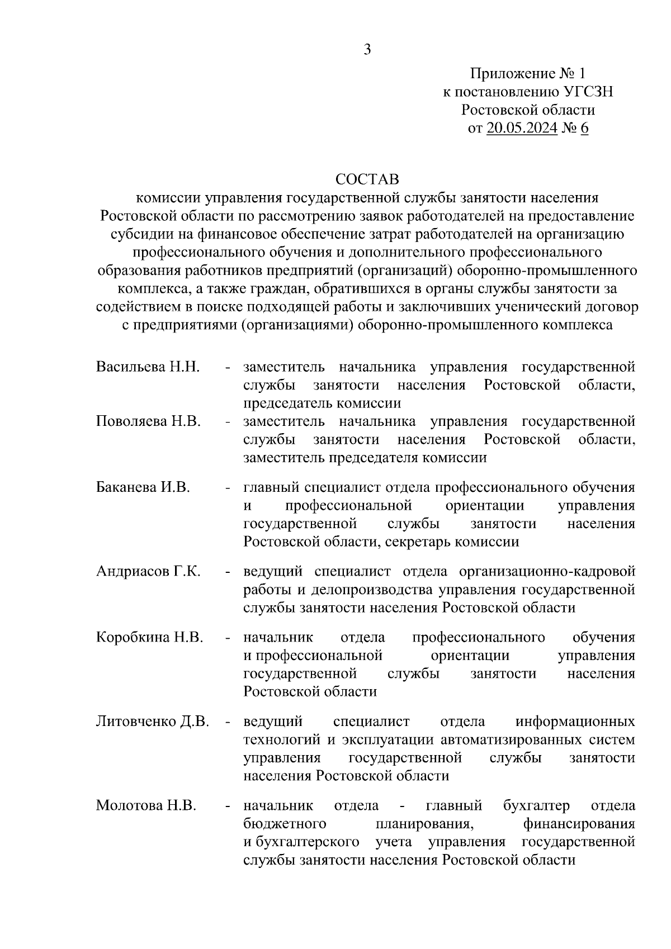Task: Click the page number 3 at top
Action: coord(367,50)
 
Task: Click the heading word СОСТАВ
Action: coord(367,179)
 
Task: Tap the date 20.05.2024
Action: coord(522,128)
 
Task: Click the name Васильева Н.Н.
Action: coord(148,367)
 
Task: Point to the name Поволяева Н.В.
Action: coord(148,421)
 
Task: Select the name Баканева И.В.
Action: coord(143,487)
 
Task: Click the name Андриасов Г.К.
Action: coord(148,572)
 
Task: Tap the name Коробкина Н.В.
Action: coord(149,637)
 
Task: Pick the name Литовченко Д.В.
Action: coord(153,722)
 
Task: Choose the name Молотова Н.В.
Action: coord(146,806)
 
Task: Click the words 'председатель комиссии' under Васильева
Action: coord(322,403)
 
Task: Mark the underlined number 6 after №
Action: coord(585,128)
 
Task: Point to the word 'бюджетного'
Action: coord(285,824)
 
